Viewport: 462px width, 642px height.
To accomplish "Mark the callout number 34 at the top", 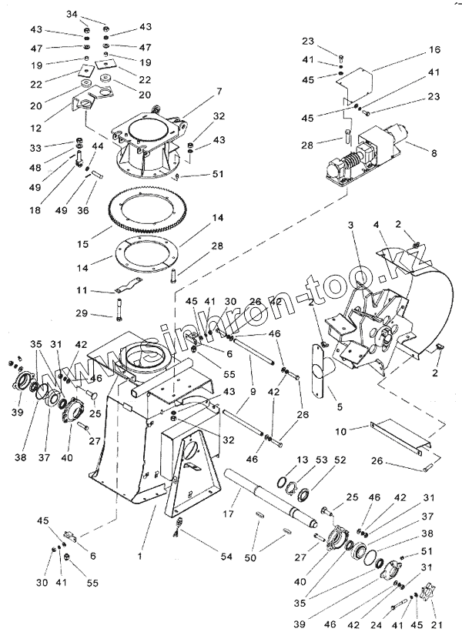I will pyautogui.click(x=93, y=15).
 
